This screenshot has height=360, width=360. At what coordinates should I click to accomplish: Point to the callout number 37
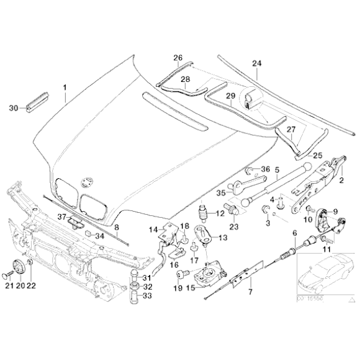pyautogui.click(x=61, y=217)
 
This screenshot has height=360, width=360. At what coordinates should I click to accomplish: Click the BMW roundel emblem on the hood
pyautogui.click(x=86, y=182)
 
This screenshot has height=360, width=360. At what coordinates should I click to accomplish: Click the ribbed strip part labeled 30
pyautogui.click(x=37, y=101)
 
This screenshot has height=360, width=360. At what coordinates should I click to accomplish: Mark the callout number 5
pyautogui.click(x=277, y=168)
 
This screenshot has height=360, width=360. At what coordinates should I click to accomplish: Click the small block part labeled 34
pyautogui.click(x=89, y=234)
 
